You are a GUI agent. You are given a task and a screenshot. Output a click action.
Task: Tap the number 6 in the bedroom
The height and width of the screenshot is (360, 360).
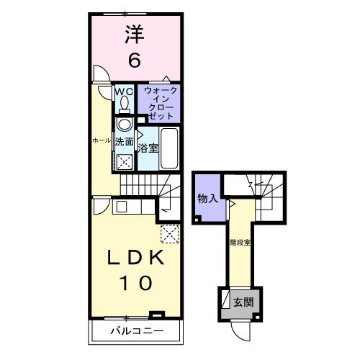pyautogui.click(x=134, y=60)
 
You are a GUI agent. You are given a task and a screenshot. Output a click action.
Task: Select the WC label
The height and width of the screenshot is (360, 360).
pyautogui.click(x=123, y=91)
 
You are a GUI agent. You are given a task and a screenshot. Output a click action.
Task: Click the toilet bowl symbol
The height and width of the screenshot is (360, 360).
pyautogui.click(x=123, y=104)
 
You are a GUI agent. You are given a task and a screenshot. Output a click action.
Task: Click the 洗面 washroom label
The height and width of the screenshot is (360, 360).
pyautogui.click(x=124, y=142)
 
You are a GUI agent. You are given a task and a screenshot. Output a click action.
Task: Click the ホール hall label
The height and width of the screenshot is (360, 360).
pyautogui.click(x=100, y=140)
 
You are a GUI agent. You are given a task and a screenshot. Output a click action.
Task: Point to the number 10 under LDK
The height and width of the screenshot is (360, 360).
pyautogui.click(x=134, y=283)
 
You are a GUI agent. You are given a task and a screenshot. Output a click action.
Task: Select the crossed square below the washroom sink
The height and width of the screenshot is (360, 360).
pyautogui.click(x=124, y=161)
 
